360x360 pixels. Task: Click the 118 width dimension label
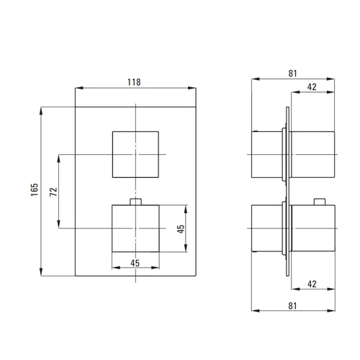(134, 82)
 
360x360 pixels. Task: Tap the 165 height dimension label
(35, 189)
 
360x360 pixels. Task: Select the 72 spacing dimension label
(53, 192)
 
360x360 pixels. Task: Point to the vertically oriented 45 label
(181, 229)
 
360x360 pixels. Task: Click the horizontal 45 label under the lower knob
(135, 263)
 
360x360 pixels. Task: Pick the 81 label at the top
(292, 73)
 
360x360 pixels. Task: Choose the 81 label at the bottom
(292, 306)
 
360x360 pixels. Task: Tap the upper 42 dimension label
(312, 86)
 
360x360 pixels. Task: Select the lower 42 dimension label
(312, 284)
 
